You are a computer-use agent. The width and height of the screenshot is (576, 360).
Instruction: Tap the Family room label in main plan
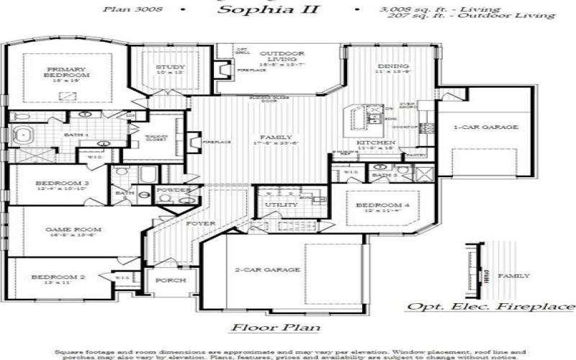276,137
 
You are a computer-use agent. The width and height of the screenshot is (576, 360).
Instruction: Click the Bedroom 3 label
62,184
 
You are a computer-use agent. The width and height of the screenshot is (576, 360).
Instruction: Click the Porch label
171,280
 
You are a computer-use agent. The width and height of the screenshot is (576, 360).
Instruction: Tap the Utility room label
281,205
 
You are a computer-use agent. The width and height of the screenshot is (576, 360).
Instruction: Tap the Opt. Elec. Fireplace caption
491,306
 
